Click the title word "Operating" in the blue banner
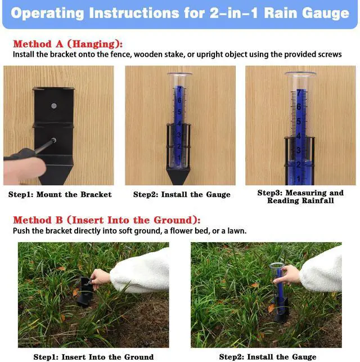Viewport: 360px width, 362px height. click(47, 14)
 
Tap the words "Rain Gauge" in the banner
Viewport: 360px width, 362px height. click(307, 14)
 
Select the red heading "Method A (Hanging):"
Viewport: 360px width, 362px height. click(68, 44)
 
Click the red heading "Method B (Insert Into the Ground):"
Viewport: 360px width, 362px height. click(106, 220)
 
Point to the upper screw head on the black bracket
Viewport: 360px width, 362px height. click(54, 106)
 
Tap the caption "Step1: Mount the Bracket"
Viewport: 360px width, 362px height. click(60, 194)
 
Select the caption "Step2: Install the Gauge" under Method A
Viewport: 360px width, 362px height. click(182, 194)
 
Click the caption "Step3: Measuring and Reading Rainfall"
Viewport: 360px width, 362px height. click(300, 196)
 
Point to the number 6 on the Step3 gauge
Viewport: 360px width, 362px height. click(299, 107)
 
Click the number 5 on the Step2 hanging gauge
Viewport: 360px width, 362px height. click(179, 112)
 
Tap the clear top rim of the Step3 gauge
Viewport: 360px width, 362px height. click(300, 74)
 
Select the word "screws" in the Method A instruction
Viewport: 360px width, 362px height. click(330, 55)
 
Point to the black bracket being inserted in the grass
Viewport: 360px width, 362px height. click(85, 292)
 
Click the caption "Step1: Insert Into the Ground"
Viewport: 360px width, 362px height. click(93, 357)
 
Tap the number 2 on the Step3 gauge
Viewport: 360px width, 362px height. click(299, 164)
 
